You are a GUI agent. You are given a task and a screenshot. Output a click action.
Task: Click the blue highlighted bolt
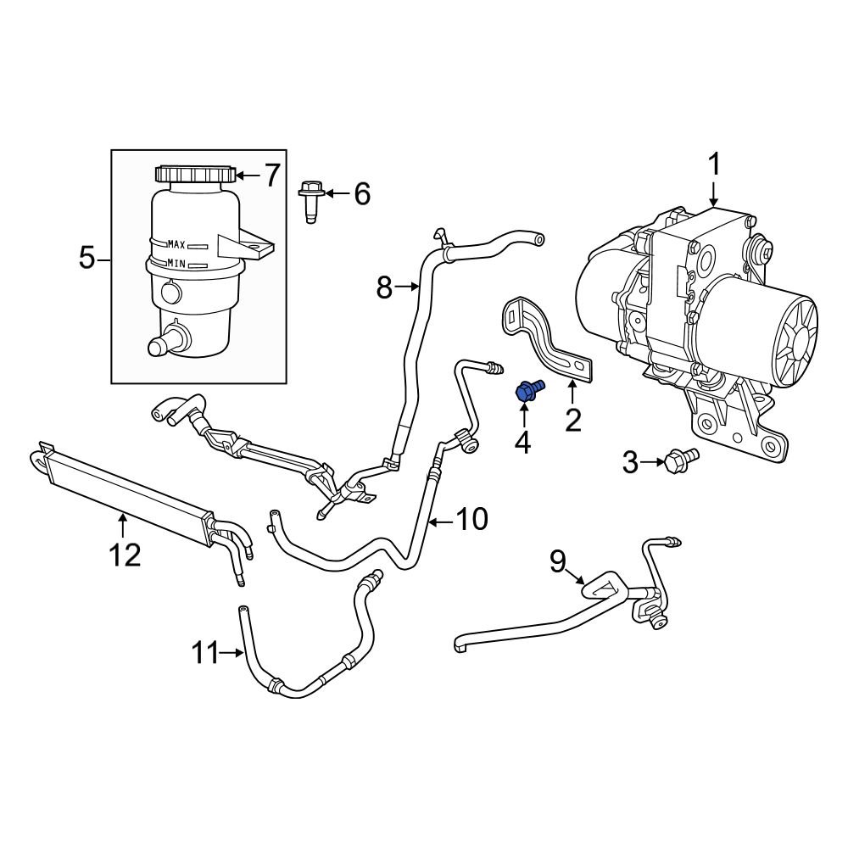tap(528, 391)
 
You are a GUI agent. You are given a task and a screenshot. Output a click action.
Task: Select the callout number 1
tap(714, 164)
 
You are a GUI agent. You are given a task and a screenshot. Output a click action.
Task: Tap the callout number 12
tap(123, 555)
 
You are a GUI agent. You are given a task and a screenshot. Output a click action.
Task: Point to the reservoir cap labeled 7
tap(193, 174)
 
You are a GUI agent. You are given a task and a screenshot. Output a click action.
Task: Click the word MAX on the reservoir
tap(176, 244)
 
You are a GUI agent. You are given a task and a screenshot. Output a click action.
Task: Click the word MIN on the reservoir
tap(176, 264)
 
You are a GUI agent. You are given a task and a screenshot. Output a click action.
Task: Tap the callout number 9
tap(557, 561)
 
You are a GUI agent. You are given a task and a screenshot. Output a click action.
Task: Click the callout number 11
tap(204, 653)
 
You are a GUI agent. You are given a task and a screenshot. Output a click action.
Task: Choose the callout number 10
tap(472, 519)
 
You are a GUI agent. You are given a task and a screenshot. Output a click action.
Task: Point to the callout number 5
tap(87, 257)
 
